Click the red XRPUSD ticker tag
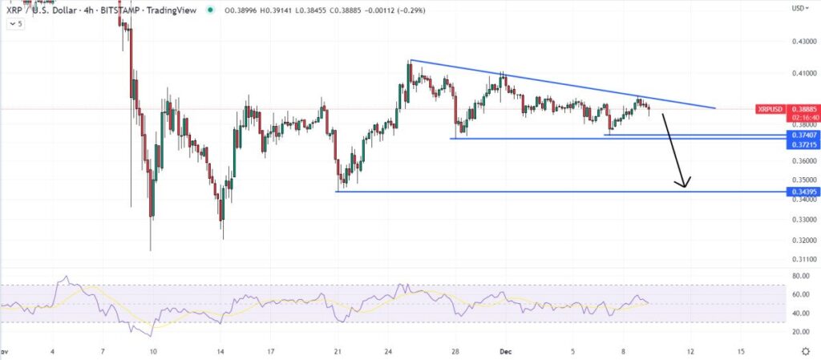tap(770, 108)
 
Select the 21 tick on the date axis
tap(338, 351)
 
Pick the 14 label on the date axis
tap(220, 351)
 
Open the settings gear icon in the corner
tap(805, 351)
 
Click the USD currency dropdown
tap(799, 8)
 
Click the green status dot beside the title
tap(210, 10)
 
